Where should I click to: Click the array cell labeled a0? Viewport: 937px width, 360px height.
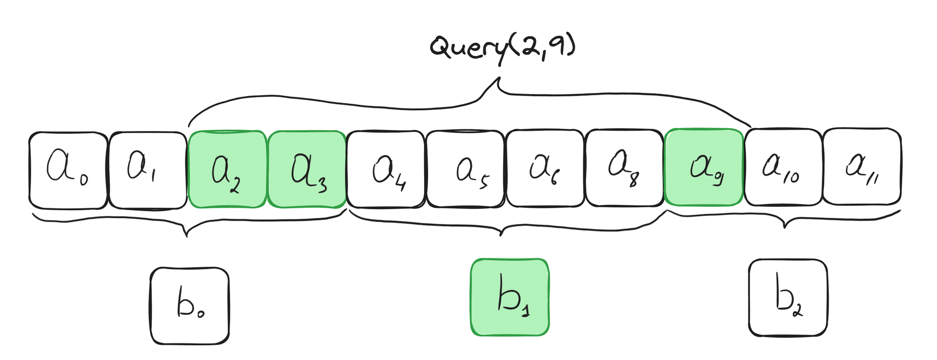tap(68, 170)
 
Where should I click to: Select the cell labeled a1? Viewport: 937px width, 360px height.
tap(147, 170)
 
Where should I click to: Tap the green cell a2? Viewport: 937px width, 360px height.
tap(227, 169)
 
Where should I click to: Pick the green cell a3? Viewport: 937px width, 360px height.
tap(307, 169)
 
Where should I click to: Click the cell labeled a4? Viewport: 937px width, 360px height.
tap(386, 169)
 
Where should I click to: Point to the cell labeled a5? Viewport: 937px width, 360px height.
tap(465, 169)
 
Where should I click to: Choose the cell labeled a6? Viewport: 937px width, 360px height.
tap(545, 168)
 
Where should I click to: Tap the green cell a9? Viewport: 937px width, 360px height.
tap(704, 167)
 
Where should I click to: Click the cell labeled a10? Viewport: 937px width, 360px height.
tap(783, 167)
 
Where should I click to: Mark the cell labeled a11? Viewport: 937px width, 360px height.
tap(862, 166)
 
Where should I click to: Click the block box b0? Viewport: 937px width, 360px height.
tap(189, 306)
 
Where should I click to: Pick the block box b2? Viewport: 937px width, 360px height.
tap(788, 298)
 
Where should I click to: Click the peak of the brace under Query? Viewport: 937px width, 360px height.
tap(499, 78)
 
